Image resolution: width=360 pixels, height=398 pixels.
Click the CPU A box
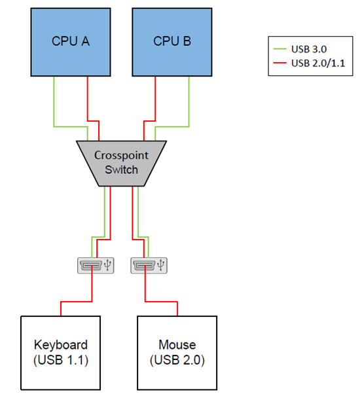71,42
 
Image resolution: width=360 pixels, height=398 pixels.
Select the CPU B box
172,42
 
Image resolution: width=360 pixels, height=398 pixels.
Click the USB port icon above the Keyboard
95,265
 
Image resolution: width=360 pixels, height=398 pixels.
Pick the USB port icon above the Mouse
149,265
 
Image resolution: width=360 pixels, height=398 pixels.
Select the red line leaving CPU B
155,98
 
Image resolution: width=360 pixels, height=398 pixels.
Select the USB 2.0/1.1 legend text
317,63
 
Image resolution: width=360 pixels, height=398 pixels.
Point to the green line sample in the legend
279,49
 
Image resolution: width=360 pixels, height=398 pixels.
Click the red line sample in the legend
279,63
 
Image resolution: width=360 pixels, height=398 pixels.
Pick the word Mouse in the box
177,345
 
